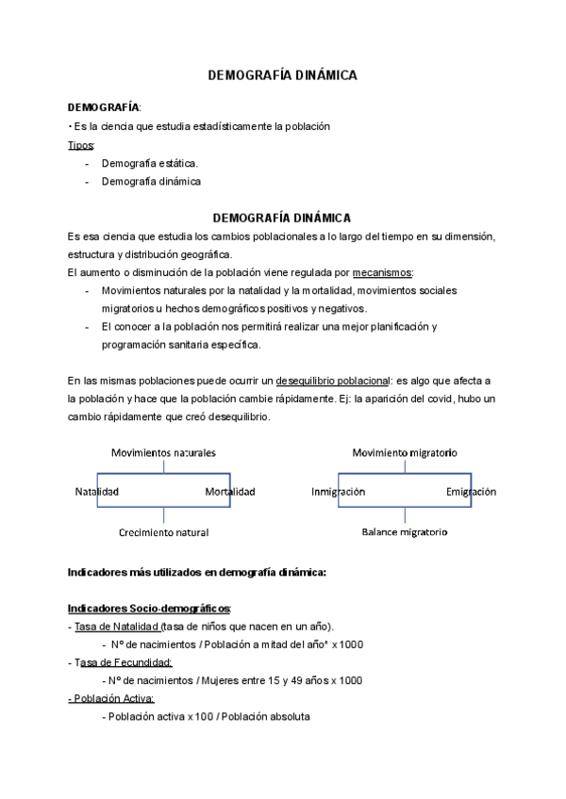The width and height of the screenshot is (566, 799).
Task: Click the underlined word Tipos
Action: coord(81,145)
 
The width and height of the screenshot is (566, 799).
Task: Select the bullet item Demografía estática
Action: coord(149,163)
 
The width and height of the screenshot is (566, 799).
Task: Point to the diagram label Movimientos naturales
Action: coord(163,452)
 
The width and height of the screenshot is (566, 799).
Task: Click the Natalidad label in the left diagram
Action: coord(96,491)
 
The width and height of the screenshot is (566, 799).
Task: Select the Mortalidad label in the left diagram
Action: coord(229,491)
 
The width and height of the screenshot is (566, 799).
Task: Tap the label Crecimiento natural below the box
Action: coord(163,532)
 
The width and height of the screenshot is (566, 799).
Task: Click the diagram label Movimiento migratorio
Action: coord(405,452)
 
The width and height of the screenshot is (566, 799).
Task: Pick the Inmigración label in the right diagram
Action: coord(338,491)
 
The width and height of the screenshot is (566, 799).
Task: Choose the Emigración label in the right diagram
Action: coord(471,491)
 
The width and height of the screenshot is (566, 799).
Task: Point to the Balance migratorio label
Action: coord(405,532)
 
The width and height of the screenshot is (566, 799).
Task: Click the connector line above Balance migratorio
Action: coord(405,515)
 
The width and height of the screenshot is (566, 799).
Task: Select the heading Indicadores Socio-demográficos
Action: coord(149,608)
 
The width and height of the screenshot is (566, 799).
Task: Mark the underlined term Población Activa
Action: coord(111,698)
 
